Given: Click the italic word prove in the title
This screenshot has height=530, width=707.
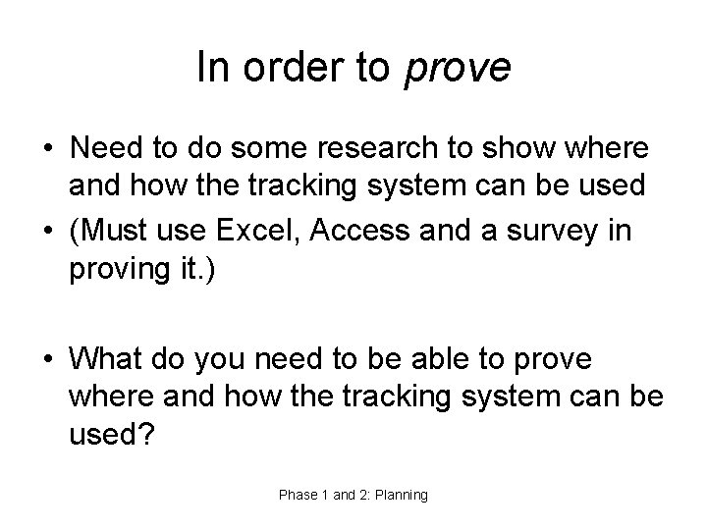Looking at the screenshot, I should [x=458, y=68].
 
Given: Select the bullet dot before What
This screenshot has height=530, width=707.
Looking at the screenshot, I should [x=47, y=361].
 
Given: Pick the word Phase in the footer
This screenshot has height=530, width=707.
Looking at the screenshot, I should [x=298, y=496].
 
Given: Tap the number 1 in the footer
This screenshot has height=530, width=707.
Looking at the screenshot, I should [x=325, y=496].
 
